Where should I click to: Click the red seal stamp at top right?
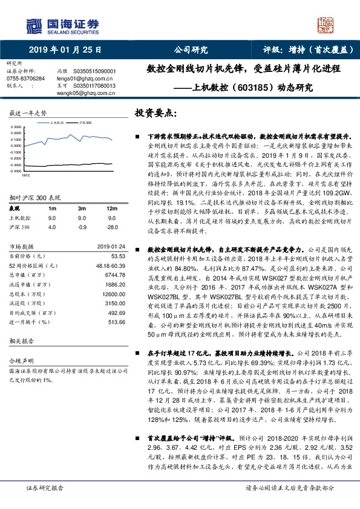pos(327,25)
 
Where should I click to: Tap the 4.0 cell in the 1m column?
pos(52,226)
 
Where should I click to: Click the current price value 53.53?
pos(118,256)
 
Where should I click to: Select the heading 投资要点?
pos(155,113)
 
